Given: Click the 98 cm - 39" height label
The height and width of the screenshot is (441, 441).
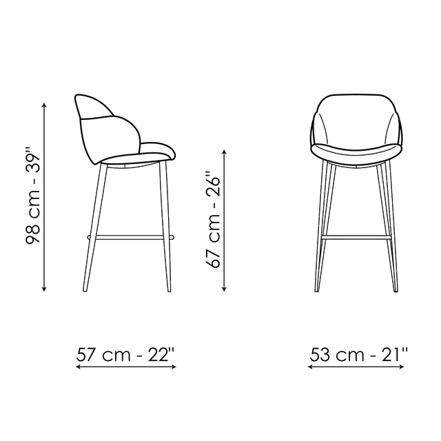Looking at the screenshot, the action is pos(33,195).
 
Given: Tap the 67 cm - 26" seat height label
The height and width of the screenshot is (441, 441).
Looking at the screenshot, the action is pos(213,219).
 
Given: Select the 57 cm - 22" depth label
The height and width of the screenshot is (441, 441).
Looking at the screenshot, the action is pos(125,355).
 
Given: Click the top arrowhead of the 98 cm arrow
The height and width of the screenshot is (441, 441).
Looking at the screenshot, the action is pos(44,105).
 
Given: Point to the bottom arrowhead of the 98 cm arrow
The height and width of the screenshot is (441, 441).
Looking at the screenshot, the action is pos(44,289).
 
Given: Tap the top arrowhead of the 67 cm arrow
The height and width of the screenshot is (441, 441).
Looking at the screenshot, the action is pos(224,152).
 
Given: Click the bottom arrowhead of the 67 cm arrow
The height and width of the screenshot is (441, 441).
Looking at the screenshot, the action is pos(224,289).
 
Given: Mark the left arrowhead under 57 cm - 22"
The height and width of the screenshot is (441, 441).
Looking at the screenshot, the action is pos(79,367).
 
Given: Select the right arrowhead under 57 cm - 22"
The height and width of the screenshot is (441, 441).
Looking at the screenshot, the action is pos(174,367).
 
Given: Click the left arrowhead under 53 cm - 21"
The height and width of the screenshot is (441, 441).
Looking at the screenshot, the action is pos(311,367).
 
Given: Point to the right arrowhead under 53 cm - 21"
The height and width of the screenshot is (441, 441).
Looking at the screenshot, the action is pos(402,367).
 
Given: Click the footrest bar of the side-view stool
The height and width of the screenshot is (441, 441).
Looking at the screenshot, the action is pos(131,238).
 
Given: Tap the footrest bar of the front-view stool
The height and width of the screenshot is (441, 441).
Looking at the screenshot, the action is pos(356,238).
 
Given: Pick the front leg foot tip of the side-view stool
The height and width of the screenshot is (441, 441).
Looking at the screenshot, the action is pos(170,291).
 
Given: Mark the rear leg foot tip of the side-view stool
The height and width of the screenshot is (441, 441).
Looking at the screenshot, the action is pos(84,290).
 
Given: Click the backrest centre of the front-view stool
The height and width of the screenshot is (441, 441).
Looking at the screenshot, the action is pos(357,121).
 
